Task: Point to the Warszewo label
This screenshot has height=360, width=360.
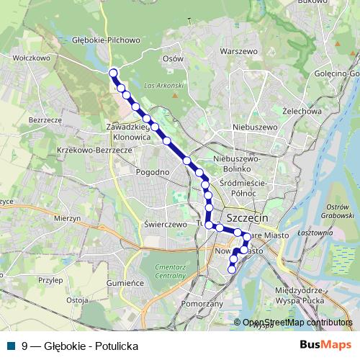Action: coord(239,52)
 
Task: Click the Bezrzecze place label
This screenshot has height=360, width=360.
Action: coord(43,120)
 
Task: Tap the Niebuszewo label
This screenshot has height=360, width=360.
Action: coord(255,127)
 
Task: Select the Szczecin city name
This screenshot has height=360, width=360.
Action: coord(247,217)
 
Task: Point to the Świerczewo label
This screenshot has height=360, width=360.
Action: coord(166,224)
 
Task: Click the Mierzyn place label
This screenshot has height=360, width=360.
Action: coord(66,218)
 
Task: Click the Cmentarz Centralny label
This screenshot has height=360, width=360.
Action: coord(171,271)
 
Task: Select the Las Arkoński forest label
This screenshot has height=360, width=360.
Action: coord(160,86)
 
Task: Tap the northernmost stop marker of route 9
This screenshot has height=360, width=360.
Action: coord(113,72)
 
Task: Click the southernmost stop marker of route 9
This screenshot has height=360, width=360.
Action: coord(232,269)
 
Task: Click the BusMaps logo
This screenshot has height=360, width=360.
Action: coord(325,346)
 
